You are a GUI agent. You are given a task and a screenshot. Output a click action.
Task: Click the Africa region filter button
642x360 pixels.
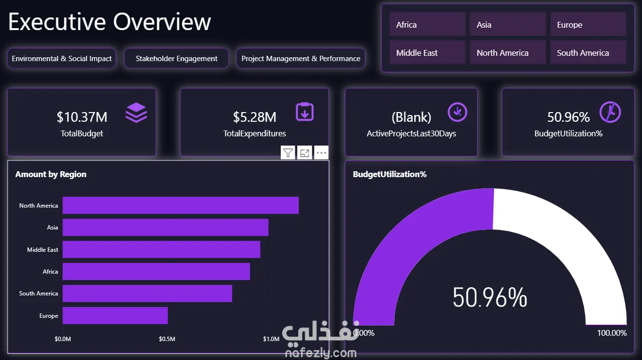(x=427, y=25)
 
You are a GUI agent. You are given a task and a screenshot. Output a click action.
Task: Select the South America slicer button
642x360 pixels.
(x=588, y=53)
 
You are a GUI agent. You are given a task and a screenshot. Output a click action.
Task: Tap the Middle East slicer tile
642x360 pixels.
(x=427, y=53)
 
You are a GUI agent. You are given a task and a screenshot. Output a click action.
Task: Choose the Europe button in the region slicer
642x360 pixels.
(x=588, y=25)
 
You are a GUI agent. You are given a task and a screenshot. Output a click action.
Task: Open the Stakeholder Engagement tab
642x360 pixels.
(x=177, y=59)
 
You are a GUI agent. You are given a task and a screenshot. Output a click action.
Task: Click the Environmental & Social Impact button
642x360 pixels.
(x=62, y=59)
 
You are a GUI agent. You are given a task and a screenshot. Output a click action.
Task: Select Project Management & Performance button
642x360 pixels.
(x=301, y=59)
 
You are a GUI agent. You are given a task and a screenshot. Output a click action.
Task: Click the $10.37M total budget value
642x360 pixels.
(x=82, y=117)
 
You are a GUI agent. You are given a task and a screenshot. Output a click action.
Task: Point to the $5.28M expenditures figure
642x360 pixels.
(x=255, y=117)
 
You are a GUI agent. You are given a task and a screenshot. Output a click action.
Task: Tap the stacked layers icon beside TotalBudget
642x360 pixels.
(x=136, y=113)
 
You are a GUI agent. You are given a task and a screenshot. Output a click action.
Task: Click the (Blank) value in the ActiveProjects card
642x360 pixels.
(x=411, y=117)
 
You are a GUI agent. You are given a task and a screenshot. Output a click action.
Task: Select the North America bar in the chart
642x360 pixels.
(x=180, y=205)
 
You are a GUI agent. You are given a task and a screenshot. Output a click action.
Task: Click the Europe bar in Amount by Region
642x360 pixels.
(x=115, y=315)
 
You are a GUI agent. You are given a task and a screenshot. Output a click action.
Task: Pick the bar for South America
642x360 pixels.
(x=147, y=294)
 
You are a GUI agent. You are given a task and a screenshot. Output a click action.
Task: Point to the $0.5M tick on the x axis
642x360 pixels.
(x=167, y=339)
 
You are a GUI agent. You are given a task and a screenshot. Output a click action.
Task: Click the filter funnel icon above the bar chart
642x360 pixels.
(x=288, y=153)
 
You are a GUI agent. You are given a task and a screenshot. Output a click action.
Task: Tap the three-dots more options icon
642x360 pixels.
(x=321, y=153)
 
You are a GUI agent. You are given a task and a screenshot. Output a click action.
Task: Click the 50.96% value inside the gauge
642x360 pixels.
(x=490, y=297)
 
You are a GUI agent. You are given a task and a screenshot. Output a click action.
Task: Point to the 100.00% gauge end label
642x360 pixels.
(x=612, y=333)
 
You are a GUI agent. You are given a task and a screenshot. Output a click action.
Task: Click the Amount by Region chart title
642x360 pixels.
(x=51, y=174)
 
